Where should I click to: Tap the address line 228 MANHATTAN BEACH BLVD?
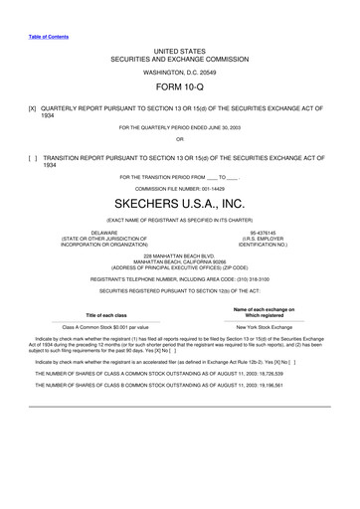click(x=179, y=254)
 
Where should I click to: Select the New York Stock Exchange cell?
click(x=266, y=326)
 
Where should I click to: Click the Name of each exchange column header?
click(x=266, y=312)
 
